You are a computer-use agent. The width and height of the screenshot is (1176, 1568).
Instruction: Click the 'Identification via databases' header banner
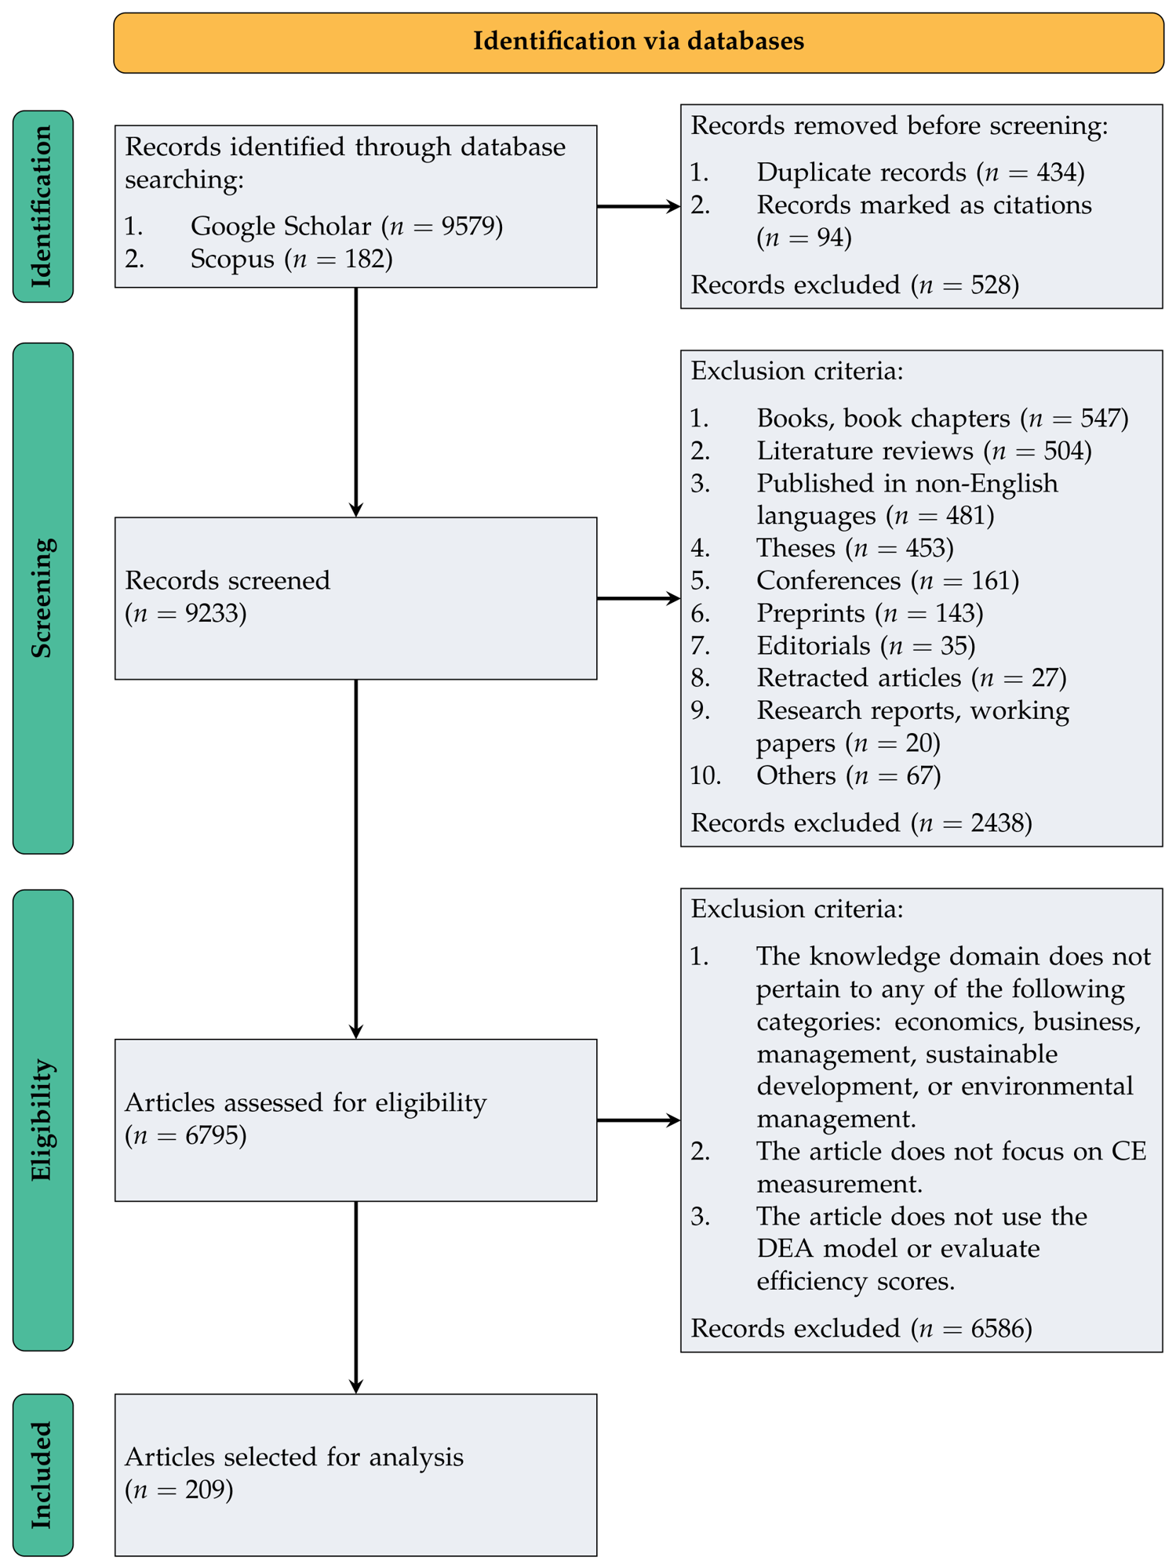[x=639, y=42]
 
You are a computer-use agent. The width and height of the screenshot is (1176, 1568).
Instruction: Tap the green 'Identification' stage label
[x=43, y=206]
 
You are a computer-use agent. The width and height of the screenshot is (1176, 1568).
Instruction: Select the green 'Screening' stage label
[x=43, y=598]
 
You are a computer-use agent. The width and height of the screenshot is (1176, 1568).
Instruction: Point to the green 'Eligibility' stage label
[x=43, y=1120]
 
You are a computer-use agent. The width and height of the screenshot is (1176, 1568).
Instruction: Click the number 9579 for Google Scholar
[x=468, y=227]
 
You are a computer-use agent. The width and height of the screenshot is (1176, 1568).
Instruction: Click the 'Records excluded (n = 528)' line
[x=854, y=285]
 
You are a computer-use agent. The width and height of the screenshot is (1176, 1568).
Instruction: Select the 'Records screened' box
[x=355, y=598]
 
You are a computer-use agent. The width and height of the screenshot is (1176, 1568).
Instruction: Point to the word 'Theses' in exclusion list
[x=796, y=548]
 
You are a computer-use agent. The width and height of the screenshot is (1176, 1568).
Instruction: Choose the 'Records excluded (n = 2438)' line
[x=861, y=823]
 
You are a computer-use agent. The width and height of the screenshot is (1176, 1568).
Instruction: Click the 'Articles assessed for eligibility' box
[x=355, y=1120]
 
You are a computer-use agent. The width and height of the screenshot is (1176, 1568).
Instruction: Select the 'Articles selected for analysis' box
[x=355, y=1475]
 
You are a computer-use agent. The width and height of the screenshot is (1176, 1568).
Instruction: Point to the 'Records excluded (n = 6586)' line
[x=861, y=1329]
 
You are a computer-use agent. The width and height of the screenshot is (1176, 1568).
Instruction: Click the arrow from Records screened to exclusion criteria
[x=639, y=598]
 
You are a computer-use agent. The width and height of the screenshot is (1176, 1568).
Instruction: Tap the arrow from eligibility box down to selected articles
[x=356, y=1298]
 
